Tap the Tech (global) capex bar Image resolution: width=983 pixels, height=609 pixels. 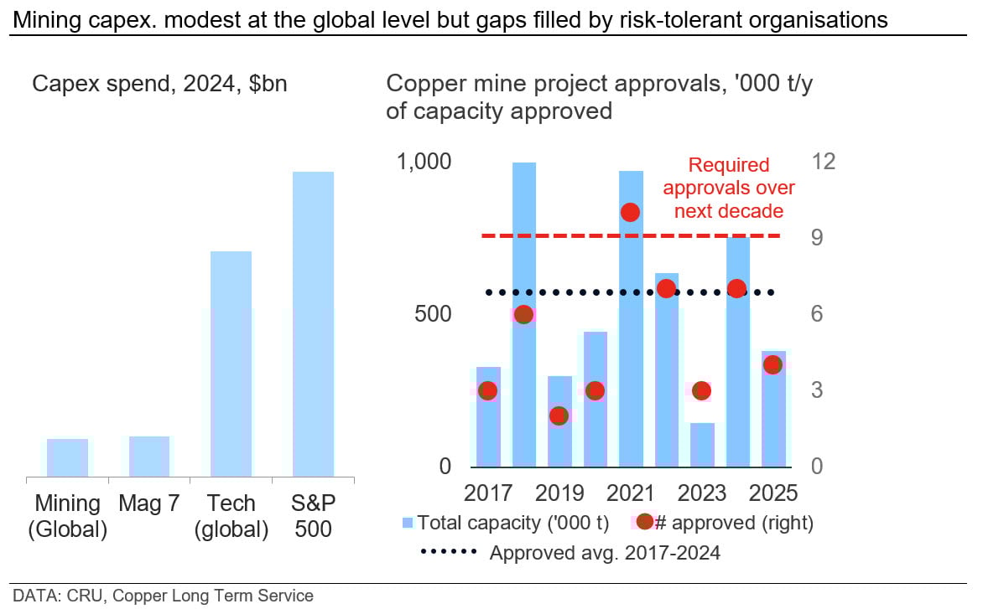click(231, 364)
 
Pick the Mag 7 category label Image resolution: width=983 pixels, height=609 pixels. click(149, 503)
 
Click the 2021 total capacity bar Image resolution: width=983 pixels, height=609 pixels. click(632, 318)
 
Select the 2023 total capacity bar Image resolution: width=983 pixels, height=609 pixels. click(703, 445)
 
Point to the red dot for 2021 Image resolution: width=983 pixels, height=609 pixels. click(631, 213)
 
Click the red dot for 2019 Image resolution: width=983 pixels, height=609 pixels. click(559, 415)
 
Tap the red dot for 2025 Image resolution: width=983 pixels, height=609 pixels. click(773, 364)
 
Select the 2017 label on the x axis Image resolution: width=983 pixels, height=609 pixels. click(488, 492)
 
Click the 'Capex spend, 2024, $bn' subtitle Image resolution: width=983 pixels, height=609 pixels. click(159, 85)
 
